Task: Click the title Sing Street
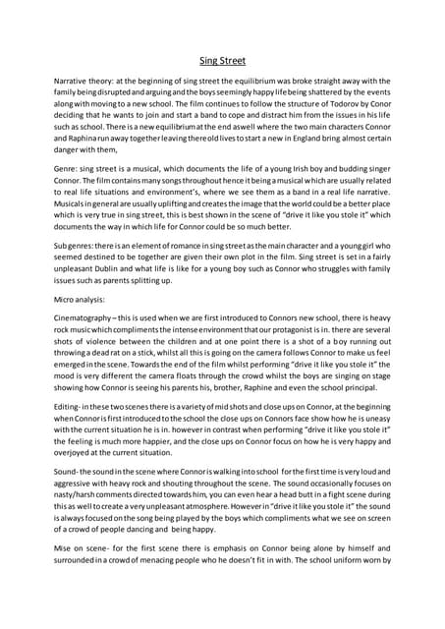click(x=222, y=59)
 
